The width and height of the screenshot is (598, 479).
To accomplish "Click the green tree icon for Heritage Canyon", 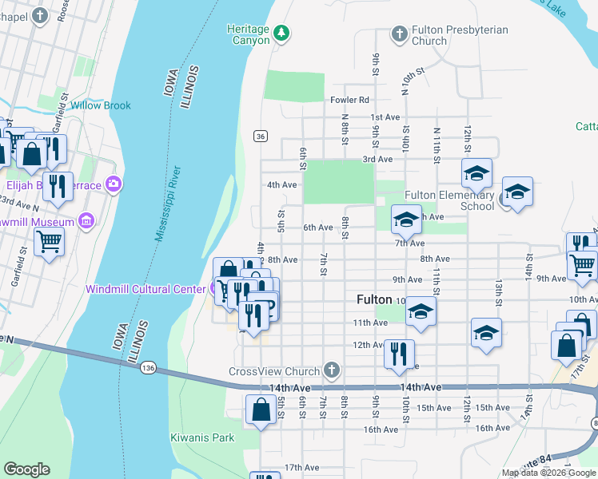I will [x=281, y=33].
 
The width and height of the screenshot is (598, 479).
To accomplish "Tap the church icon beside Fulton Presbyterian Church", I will [x=399, y=34].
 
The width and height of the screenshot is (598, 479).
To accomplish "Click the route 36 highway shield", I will [x=261, y=137].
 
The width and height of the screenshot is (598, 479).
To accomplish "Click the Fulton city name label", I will [x=373, y=300].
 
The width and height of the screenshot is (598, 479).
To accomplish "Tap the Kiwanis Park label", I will [x=202, y=437].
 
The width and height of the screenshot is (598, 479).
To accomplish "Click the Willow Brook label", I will [x=100, y=105].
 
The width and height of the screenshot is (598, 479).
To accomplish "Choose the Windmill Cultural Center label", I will [x=145, y=289].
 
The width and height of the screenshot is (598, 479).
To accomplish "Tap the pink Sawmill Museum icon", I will [x=86, y=221].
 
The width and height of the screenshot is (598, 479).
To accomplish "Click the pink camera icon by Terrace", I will [x=114, y=185].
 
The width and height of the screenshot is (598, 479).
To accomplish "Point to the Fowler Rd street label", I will [x=349, y=100].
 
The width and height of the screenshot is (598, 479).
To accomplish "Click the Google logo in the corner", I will [x=26, y=469].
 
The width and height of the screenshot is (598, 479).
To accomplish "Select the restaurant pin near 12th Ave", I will [x=399, y=353].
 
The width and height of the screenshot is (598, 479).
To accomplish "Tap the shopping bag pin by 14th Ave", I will [x=261, y=410].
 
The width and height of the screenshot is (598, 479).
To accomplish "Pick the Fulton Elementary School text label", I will [x=449, y=200].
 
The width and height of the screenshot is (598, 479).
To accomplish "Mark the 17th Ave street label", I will [x=301, y=467].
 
